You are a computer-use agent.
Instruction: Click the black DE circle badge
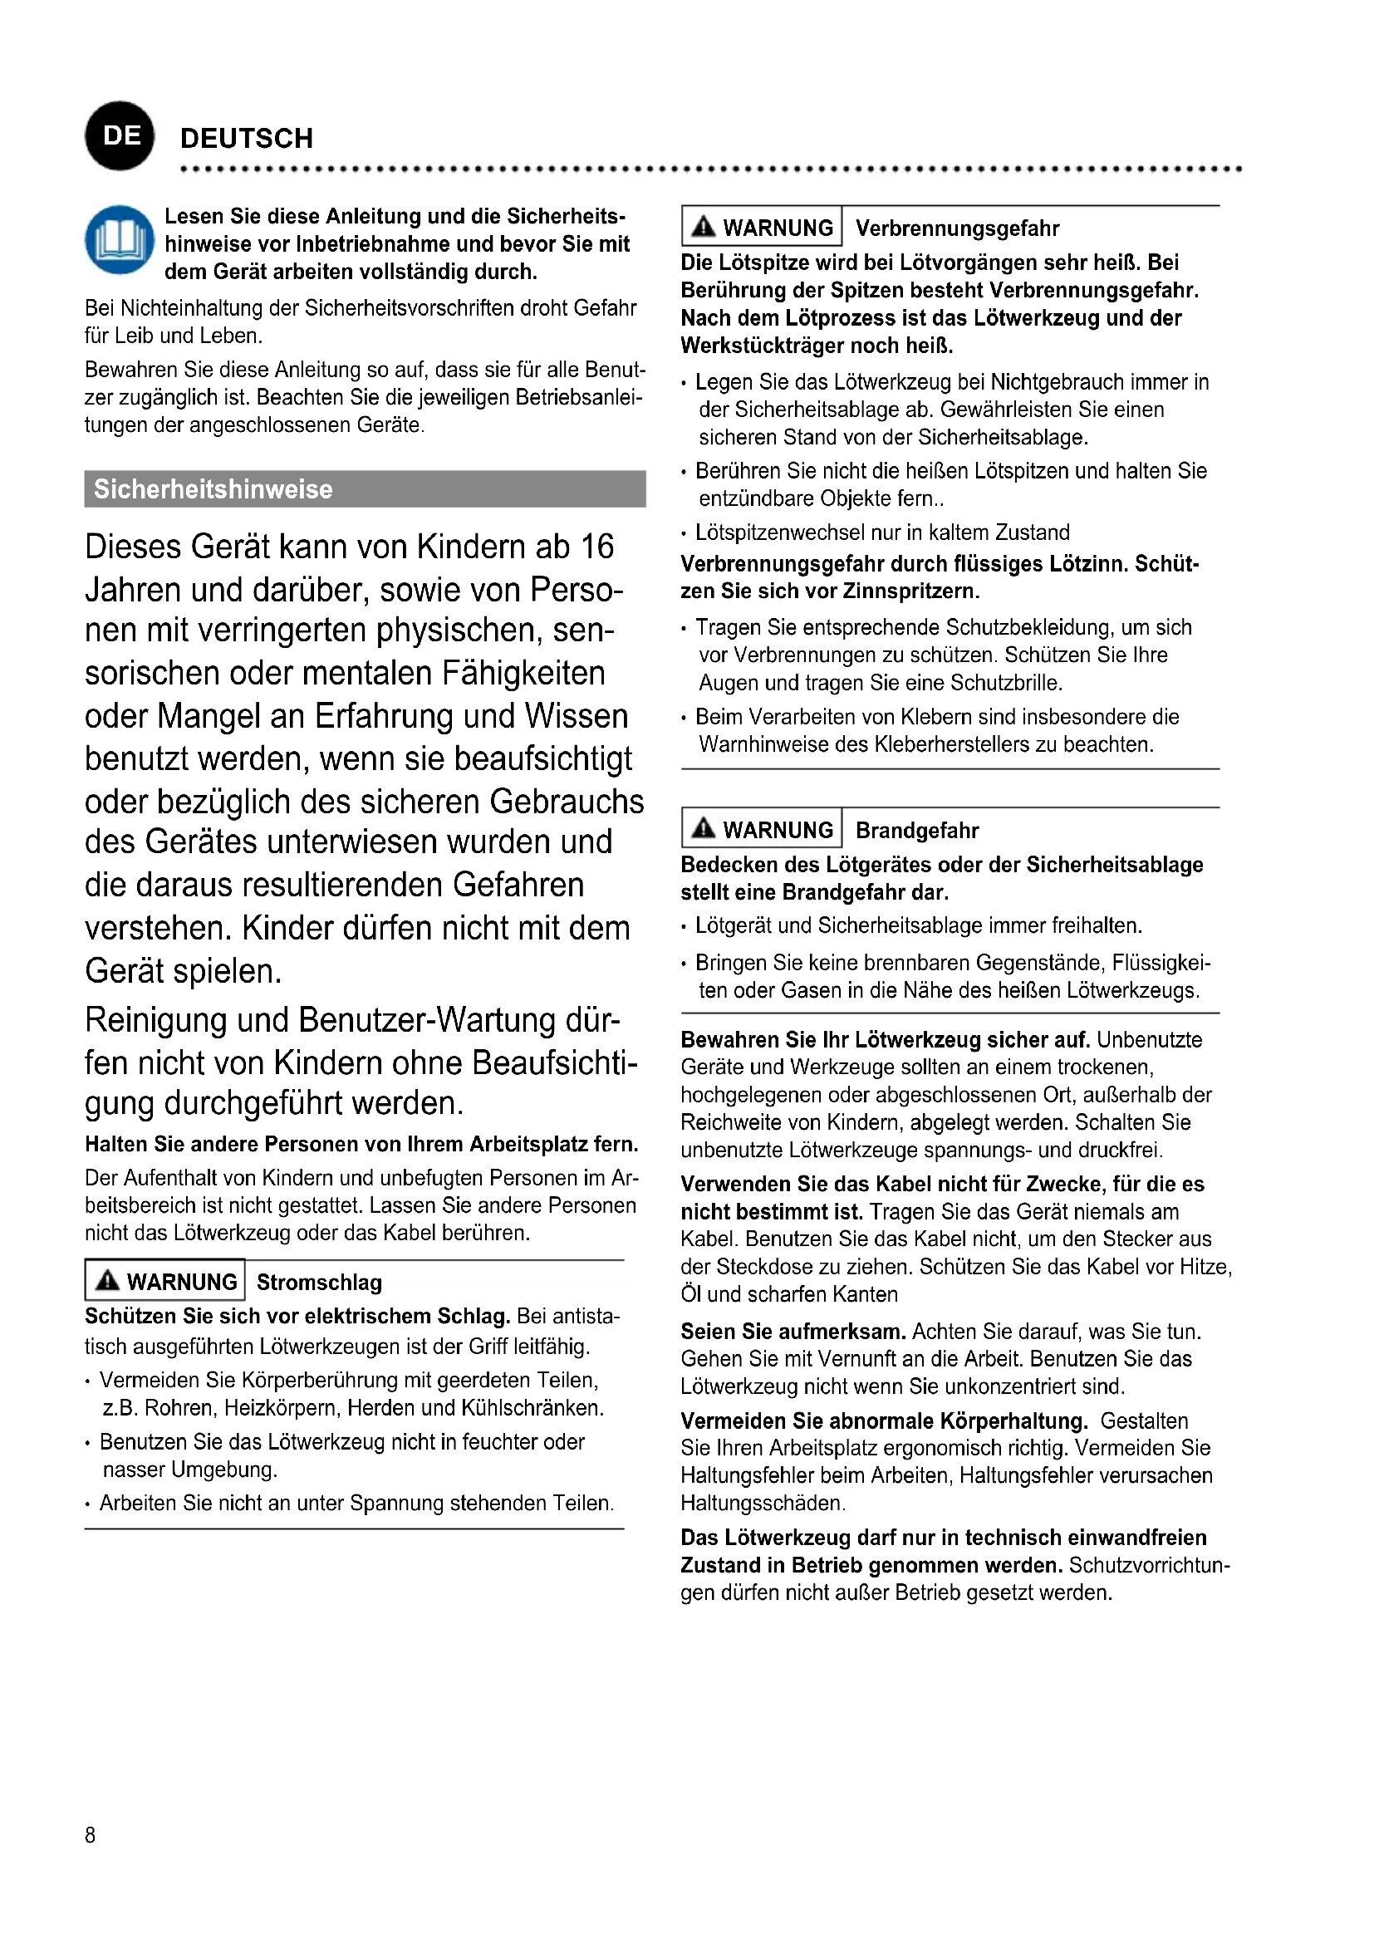pyautogui.click(x=120, y=136)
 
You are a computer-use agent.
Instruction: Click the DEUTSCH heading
pyautogui.click(x=246, y=139)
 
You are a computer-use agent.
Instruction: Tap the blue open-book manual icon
pyautogui.click(x=120, y=240)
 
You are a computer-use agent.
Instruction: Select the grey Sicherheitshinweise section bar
pyautogui.click(x=365, y=489)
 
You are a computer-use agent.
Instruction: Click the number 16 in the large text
pyautogui.click(x=596, y=547)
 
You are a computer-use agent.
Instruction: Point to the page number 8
pyautogui.click(x=91, y=1835)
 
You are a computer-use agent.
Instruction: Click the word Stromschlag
pyautogui.click(x=319, y=1283)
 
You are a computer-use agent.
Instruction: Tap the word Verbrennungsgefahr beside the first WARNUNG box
pyautogui.click(x=957, y=228)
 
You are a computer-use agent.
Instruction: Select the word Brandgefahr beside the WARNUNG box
pyautogui.click(x=917, y=831)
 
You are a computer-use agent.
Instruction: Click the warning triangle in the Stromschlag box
pyautogui.click(x=107, y=1280)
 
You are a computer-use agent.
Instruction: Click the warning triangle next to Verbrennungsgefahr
pyautogui.click(x=703, y=227)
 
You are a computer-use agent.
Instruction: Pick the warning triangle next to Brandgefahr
pyautogui.click(x=703, y=828)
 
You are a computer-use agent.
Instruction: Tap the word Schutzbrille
pyautogui.click(x=1006, y=683)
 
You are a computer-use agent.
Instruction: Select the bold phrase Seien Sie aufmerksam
pyautogui.click(x=793, y=1331)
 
